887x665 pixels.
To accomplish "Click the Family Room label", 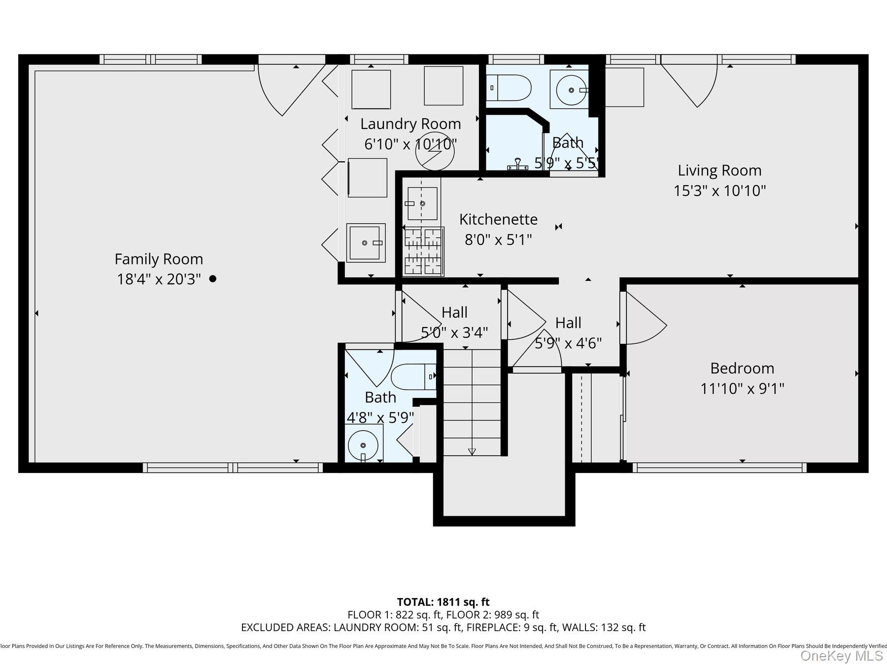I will point(159,259).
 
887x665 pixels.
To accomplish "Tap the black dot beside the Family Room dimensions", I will point(213,279).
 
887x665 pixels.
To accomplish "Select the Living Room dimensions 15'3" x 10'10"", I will point(719,191).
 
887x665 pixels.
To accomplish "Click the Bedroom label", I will point(742,368).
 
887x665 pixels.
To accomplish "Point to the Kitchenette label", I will point(498,219).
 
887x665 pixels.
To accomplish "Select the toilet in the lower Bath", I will point(413,377).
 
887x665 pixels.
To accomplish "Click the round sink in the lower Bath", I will point(363,444).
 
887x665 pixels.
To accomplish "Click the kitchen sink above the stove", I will point(422,203).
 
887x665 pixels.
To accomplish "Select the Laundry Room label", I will point(410,124).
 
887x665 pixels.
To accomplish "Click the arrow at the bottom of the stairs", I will point(472,451).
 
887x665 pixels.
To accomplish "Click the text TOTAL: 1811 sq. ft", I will point(443,602).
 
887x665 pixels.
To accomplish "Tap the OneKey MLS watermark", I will point(842,656).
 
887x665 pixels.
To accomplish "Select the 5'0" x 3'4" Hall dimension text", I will point(454,332).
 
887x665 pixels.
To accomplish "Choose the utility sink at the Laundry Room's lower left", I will point(365,242).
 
